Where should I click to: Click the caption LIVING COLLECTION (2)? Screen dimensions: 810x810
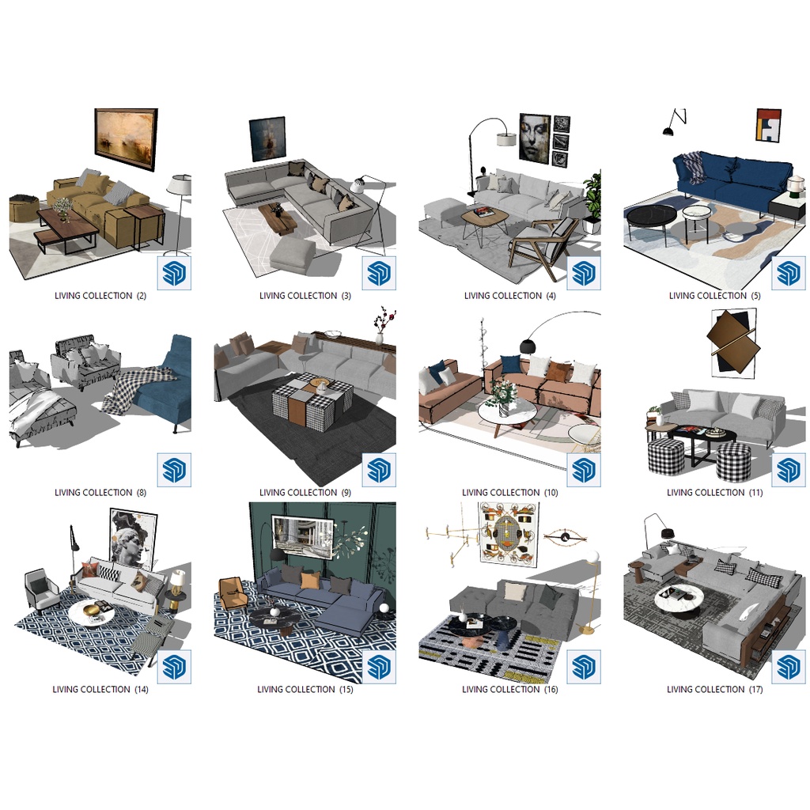pos(100,296)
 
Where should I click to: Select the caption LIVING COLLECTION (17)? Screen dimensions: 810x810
pos(714,689)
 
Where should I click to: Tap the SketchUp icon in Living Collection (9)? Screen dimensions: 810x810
pos(379,470)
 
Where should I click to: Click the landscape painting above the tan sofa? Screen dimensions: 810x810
pos(126,138)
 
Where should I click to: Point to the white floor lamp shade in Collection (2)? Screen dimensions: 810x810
pos(180,185)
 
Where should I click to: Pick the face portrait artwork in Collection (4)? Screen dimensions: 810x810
pos(534,138)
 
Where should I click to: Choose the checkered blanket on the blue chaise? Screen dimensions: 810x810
pos(139,388)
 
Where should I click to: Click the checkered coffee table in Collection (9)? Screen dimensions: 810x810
pos(313,399)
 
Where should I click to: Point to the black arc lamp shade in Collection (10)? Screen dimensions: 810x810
pos(528,346)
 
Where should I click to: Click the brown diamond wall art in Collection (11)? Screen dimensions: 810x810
pos(733,342)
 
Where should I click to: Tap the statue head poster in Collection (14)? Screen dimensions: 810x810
pos(133,539)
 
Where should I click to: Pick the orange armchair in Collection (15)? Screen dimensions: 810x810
pos(233,594)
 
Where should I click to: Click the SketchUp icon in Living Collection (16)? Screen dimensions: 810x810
pos(583,666)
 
